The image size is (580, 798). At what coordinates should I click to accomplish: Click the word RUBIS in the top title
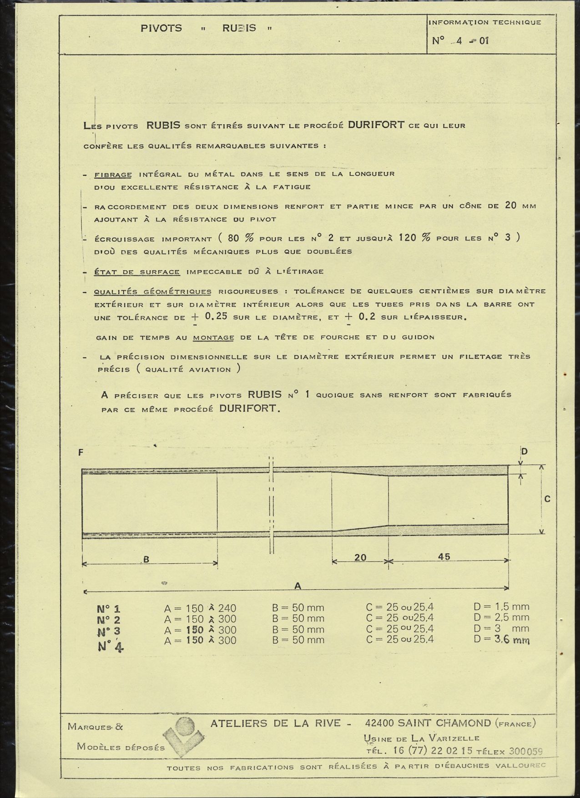239,28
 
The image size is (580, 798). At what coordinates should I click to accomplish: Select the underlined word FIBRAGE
113,175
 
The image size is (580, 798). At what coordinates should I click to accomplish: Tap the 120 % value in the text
414,238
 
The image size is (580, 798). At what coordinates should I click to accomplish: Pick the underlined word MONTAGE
213,337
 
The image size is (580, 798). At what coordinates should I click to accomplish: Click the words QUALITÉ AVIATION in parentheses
188,370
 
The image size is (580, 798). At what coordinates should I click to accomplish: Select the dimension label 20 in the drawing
360,557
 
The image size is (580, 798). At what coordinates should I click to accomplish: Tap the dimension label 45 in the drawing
444,557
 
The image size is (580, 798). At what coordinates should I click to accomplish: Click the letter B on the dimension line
146,560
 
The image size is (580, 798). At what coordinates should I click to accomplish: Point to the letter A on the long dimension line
298,586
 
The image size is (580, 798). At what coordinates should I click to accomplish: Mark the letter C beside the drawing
547,499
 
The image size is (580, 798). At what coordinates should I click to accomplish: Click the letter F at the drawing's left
81,452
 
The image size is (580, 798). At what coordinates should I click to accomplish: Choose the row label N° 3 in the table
109,631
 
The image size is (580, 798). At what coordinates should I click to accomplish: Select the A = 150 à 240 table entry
200,608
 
